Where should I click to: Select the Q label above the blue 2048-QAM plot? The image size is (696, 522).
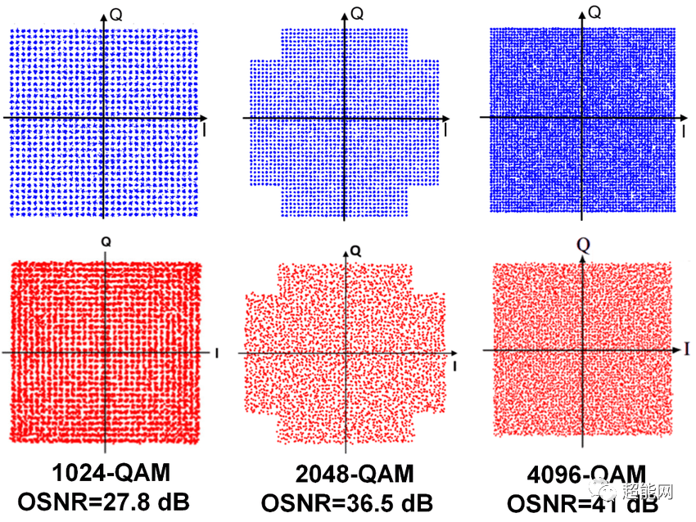tap(357, 13)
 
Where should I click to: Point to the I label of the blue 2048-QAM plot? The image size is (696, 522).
tap(445, 129)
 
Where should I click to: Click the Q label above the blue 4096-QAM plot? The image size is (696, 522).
tap(595, 12)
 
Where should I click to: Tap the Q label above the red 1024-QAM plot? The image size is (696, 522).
tap(106, 242)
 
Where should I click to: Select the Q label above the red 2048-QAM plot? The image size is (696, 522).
tap(354, 249)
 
